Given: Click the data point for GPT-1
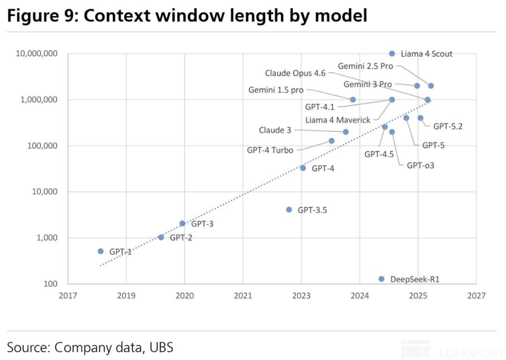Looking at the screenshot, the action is pyautogui.click(x=101, y=251).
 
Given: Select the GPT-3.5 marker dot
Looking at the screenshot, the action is pyautogui.click(x=289, y=210).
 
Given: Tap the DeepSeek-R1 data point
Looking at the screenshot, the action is pyautogui.click(x=381, y=279).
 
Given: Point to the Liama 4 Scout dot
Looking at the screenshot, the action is pyautogui.click(x=392, y=53).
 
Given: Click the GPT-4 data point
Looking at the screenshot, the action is pyautogui.click(x=303, y=168).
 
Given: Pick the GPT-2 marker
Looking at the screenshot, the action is pyautogui.click(x=161, y=238).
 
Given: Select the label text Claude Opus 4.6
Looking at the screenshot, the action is pyautogui.click(x=295, y=73).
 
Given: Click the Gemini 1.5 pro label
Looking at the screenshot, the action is pyautogui.click(x=276, y=90).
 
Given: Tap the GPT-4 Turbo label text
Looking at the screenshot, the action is pyautogui.click(x=270, y=150).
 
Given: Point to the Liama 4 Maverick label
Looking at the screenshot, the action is pyautogui.click(x=338, y=120).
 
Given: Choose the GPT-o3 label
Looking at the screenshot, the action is pyautogui.click(x=420, y=165).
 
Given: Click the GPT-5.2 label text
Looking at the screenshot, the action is pyautogui.click(x=448, y=127).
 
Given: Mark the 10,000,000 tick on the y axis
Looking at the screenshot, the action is pyautogui.click(x=37, y=53).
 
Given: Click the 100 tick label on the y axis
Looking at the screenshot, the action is pyautogui.click(x=51, y=284).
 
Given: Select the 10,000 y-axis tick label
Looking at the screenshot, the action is pyautogui.click(x=45, y=192).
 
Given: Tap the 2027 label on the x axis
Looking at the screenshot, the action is pyautogui.click(x=476, y=296).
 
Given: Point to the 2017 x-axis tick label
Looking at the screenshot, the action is pyautogui.click(x=68, y=296).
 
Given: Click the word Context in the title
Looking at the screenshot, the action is pyautogui.click(x=117, y=15).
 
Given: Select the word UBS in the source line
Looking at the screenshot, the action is pyautogui.click(x=161, y=347).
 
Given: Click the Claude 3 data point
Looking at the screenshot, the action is pyautogui.click(x=346, y=132).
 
